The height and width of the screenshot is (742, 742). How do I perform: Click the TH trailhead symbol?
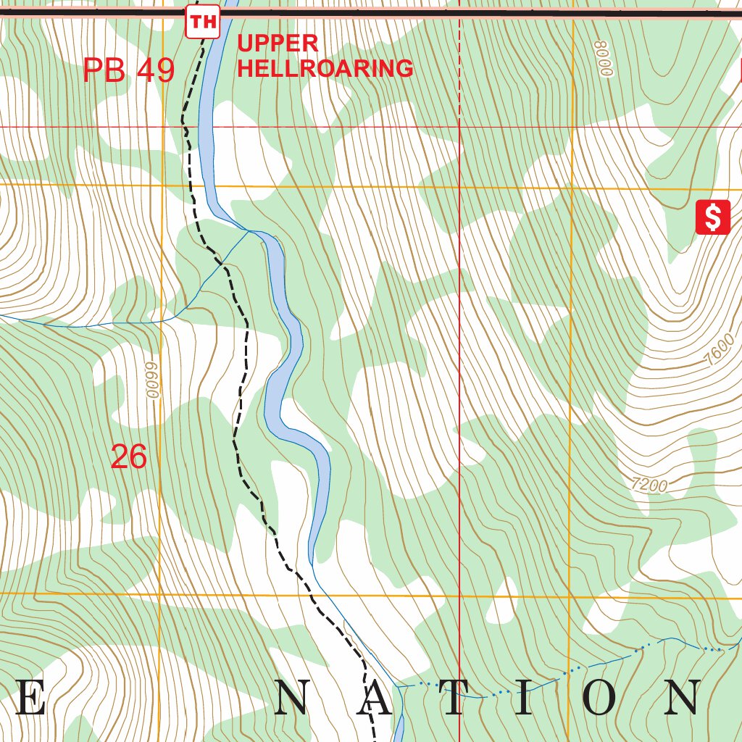click(x=202, y=22)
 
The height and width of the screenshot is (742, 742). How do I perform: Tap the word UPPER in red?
click(x=278, y=43)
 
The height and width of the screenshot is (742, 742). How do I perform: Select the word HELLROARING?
click(x=325, y=69)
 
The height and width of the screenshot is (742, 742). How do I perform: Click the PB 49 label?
click(x=129, y=70)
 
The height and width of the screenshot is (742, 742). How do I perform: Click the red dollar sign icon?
click(x=713, y=217)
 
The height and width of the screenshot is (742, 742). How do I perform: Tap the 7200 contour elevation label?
click(x=649, y=485)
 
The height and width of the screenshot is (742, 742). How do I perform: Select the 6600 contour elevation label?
click(x=151, y=380)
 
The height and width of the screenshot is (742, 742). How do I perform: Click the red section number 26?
click(x=129, y=457)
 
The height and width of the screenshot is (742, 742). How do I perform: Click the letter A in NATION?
click(x=375, y=699)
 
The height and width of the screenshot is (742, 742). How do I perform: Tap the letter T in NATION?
click(x=452, y=699)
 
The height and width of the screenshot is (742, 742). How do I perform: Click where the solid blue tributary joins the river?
click(x=249, y=231)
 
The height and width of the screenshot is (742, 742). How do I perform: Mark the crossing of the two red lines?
click(x=459, y=126)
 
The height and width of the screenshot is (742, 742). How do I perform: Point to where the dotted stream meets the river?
click(x=397, y=685)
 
